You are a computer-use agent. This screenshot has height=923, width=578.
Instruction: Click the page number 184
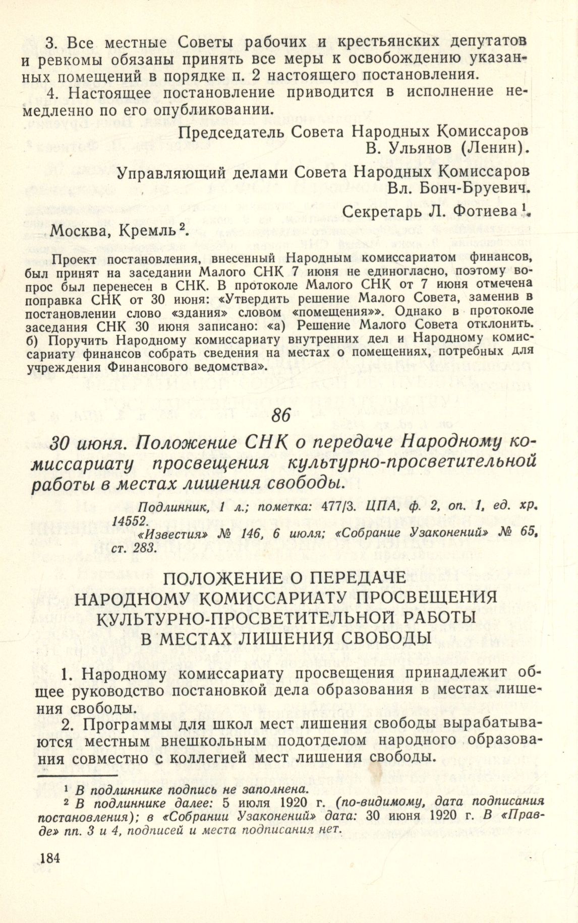[x=49, y=858]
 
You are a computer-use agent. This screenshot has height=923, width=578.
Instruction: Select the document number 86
[x=281, y=415]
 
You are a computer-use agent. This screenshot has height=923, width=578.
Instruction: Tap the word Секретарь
[x=380, y=213]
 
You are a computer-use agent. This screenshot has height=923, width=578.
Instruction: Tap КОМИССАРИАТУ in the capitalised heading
[x=274, y=598]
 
